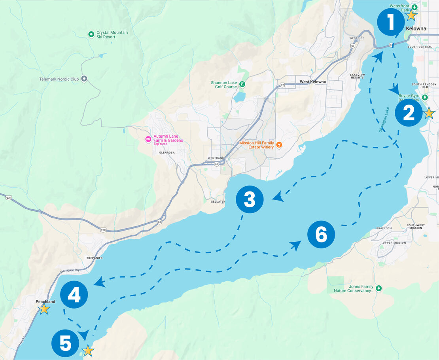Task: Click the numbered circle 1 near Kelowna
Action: pyautogui.click(x=391, y=22)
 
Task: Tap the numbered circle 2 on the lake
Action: pyautogui.click(x=409, y=113)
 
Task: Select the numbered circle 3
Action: pyautogui.click(x=250, y=200)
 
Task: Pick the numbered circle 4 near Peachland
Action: pyautogui.click(x=74, y=295)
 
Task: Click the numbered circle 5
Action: pyautogui.click(x=66, y=343)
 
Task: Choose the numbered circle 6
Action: pyautogui.click(x=321, y=235)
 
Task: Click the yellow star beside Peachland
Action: pyautogui.click(x=44, y=309)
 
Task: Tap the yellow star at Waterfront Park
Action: pyautogui.click(x=411, y=15)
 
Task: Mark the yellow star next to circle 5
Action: pyautogui.click(x=88, y=351)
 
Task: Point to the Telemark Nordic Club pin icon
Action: pyautogui.click(x=84, y=79)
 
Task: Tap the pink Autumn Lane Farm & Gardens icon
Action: pyautogui.click(x=148, y=139)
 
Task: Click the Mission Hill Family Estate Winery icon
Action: pyautogui.click(x=279, y=145)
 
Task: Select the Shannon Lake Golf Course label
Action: pyautogui.click(x=224, y=85)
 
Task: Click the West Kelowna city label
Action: pyautogui.click(x=312, y=82)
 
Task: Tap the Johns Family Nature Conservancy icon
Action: pyautogui.click(x=379, y=288)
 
